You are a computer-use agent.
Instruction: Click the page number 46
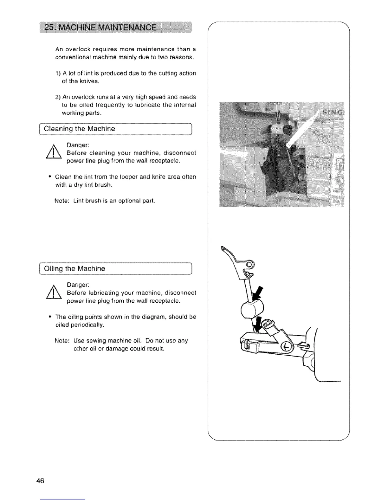click(40, 480)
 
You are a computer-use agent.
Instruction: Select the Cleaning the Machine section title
click(79, 129)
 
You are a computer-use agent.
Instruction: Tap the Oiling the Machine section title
click(74, 269)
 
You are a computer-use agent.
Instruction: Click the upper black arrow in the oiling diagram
click(259, 293)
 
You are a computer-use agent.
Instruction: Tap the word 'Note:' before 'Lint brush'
click(62, 201)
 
